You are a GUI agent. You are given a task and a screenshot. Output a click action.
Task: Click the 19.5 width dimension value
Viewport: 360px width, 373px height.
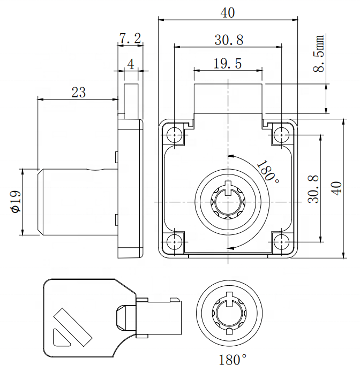pos(227,64)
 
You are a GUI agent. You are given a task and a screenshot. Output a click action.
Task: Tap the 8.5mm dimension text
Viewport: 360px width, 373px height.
pos(320,54)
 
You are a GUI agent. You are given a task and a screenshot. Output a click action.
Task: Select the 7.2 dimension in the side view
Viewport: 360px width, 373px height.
pos(130,38)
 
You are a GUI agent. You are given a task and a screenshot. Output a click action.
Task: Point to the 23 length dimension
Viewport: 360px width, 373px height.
pos(78,92)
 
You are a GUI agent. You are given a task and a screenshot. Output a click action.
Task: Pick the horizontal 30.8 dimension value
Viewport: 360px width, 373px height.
pos(229,40)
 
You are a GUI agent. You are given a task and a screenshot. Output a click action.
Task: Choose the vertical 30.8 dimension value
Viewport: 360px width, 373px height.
pos(313,189)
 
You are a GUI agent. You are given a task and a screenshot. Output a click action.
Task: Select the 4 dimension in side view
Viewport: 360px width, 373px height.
pos(130,64)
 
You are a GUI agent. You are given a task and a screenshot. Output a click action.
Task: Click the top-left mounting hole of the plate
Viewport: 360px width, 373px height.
pos(175,134)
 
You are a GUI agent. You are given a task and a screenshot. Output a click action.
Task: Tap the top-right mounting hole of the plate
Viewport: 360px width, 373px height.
pos(281,134)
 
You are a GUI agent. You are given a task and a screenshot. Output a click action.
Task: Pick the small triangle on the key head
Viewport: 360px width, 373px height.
pos(59,337)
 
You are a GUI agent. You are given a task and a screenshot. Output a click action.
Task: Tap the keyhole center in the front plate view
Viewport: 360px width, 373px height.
pos(229,202)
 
